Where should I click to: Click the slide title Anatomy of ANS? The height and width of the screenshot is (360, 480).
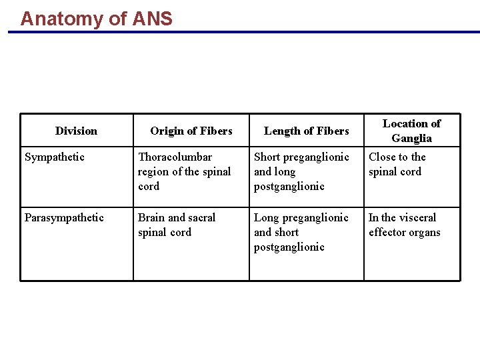[96, 18]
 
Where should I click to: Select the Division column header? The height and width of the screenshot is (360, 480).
[76, 131]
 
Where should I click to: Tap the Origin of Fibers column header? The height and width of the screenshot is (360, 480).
[191, 131]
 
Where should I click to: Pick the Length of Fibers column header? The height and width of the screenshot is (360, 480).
[307, 131]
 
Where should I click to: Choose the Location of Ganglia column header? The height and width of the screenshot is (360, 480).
[411, 131]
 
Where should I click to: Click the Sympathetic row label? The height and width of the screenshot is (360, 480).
[55, 157]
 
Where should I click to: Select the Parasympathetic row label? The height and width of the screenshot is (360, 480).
[64, 217]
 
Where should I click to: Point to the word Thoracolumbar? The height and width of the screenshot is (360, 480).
[175, 157]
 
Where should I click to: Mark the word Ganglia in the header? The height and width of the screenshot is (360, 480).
[411, 139]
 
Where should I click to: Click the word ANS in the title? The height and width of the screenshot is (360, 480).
[152, 18]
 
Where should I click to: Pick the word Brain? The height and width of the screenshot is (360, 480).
[151, 217]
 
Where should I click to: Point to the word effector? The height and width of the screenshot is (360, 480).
[387, 233]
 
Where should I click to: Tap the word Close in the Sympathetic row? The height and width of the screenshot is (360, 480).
[383, 157]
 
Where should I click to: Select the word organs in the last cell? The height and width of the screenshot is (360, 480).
[425, 233]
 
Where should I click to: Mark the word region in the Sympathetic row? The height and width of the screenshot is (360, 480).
[153, 172]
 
